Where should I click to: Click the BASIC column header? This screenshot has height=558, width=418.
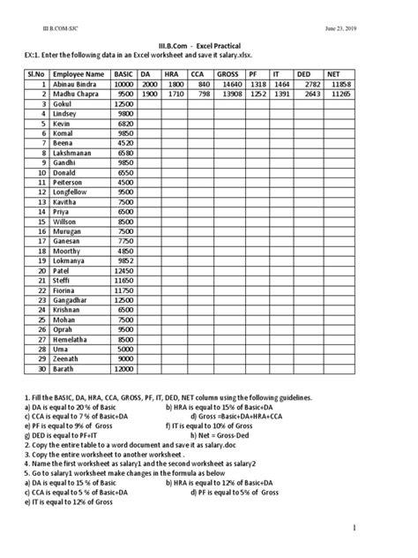124,74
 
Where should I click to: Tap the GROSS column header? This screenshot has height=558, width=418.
228,74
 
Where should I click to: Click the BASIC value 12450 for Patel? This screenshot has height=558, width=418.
124,269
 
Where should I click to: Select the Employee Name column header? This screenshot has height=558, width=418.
78,74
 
